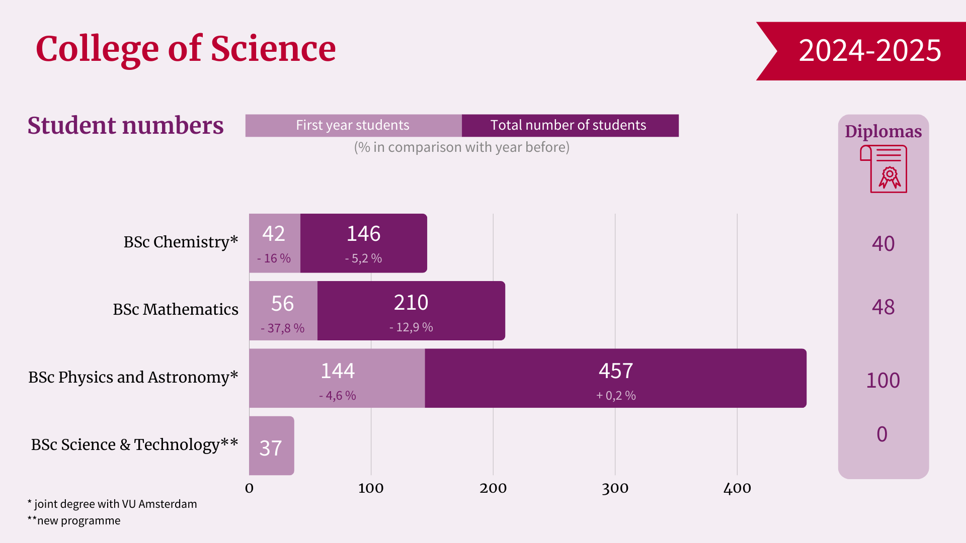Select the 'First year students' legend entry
tap(353, 125)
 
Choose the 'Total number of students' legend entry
tap(569, 125)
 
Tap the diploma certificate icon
tap(884, 169)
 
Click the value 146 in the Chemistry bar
tap(363, 234)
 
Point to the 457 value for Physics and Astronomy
tap(615, 371)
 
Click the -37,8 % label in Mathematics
tap(282, 328)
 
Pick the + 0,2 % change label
tap(616, 396)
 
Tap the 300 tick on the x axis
tap(615, 488)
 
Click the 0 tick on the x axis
tap(249, 488)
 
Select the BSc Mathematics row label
tap(176, 309)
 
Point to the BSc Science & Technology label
tap(134, 444)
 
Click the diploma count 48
tap(883, 307)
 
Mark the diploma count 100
tap(883, 381)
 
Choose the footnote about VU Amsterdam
tap(112, 504)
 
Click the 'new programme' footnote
tap(74, 521)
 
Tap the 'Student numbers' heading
tap(125, 125)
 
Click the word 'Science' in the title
tap(273, 49)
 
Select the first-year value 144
tap(338, 371)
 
